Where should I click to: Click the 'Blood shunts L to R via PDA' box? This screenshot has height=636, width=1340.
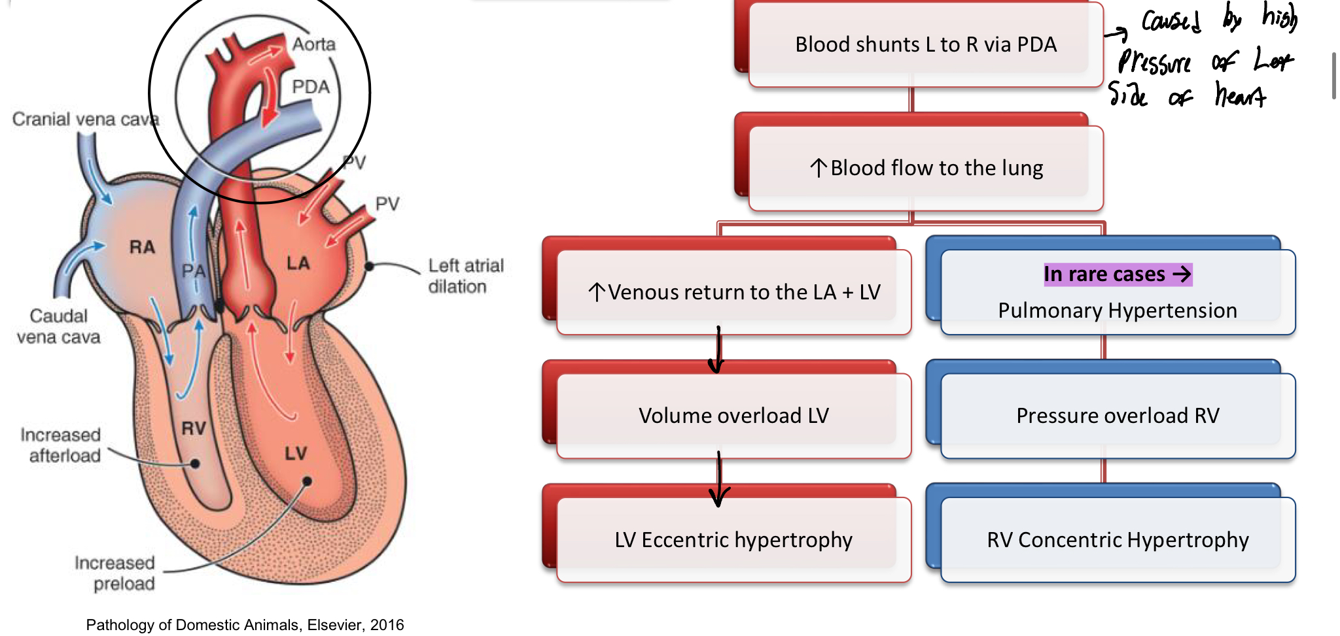point(925,44)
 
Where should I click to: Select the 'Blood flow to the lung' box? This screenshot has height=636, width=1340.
point(925,168)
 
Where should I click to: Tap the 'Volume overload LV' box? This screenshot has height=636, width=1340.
point(733,416)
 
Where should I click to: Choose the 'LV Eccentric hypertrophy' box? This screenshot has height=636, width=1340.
point(733,540)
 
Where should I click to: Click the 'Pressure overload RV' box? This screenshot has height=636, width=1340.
point(1118,416)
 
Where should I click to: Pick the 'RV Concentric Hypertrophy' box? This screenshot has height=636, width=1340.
point(1118,540)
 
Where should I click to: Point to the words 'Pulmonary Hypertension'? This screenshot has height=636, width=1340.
point(1118,310)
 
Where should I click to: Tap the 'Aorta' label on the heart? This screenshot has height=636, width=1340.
point(313,44)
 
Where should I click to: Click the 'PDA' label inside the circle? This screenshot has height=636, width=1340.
point(310,87)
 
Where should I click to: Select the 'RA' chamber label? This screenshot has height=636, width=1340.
point(142,247)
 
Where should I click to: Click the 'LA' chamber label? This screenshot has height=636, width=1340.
point(298,263)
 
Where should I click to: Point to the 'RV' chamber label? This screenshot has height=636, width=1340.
point(194,429)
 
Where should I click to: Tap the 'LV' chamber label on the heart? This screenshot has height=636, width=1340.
point(296,453)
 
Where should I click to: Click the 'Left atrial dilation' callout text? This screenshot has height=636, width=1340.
point(465,276)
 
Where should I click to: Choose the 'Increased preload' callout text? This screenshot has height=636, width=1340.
point(115,573)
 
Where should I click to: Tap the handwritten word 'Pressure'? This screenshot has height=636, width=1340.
point(1155,63)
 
